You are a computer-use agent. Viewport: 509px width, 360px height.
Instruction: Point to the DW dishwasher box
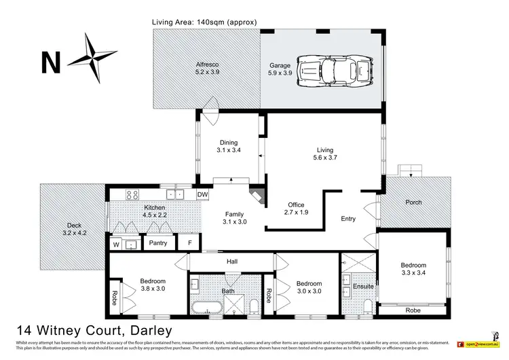(202, 195)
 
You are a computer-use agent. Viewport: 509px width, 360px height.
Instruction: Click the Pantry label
(157, 242)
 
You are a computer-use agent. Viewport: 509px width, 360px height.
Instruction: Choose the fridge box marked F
(189, 242)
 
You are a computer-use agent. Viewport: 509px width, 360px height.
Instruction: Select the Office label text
(295, 204)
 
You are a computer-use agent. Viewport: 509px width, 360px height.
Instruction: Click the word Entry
(348, 219)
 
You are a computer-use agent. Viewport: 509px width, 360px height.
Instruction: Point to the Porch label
(413, 202)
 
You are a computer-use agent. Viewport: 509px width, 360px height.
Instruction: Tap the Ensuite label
(364, 286)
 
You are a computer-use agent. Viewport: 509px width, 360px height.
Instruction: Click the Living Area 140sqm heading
(204, 22)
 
